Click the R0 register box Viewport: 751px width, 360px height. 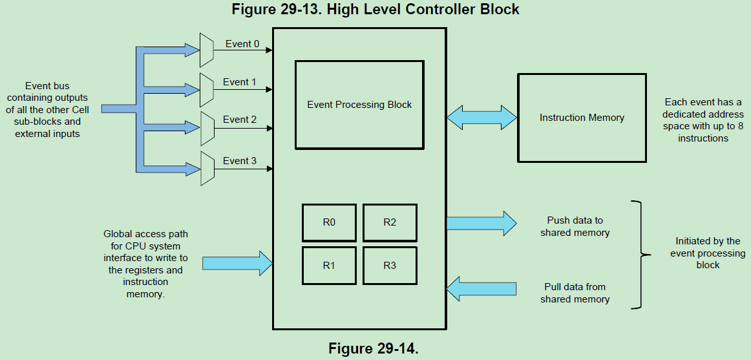click(328, 222)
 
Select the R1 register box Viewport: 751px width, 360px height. click(328, 266)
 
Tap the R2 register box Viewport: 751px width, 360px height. click(390, 222)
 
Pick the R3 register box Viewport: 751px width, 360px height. click(390, 266)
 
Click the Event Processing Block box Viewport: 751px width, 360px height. click(359, 105)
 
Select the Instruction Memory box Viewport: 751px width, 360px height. click(582, 118)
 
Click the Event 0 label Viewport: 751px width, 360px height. click(242, 44)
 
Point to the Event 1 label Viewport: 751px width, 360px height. click(240, 82)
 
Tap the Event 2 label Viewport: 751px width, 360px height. click(240, 120)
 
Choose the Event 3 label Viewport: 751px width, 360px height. click(240, 160)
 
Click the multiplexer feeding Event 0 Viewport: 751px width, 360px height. click(207, 50)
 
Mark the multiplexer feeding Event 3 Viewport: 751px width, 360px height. click(207, 168)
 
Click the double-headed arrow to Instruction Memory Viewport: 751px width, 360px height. click(481, 118)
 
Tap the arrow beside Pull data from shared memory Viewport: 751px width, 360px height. click(481, 288)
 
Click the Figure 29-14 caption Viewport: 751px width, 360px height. click(374, 348)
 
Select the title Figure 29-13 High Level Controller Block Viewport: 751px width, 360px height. click(375, 9)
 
